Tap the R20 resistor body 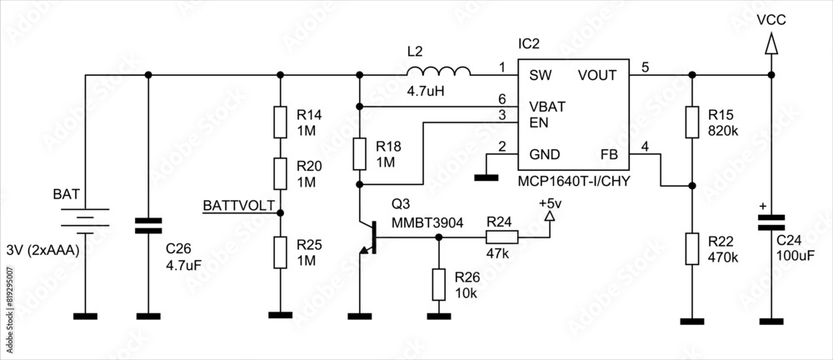281,176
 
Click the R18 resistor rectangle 360,154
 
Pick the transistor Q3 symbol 368,238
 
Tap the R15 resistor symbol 691,122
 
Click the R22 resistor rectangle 691,248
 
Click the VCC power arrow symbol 771,44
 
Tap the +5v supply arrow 549,217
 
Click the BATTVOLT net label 238,205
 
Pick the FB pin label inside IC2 609,154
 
